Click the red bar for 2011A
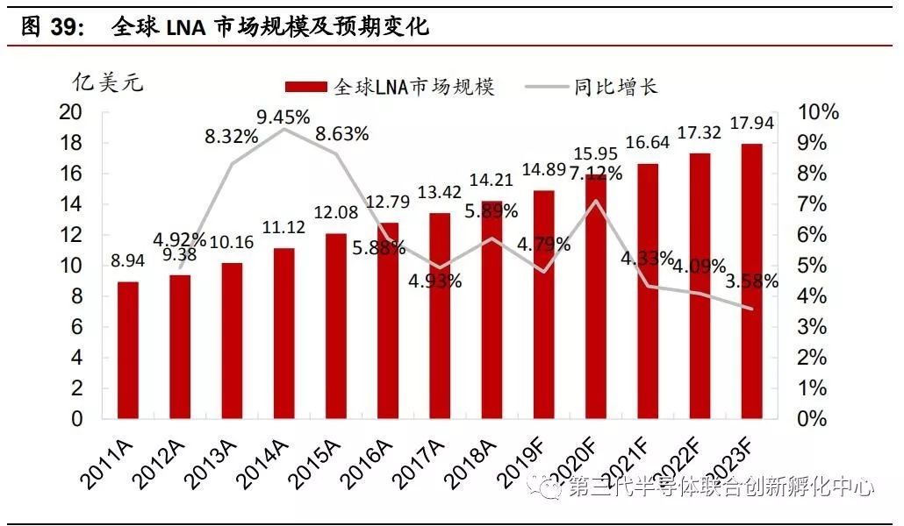(128, 350)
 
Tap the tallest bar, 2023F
(751, 281)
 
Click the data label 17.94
(752, 124)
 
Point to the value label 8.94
(128, 260)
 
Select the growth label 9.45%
(283, 116)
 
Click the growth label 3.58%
(753, 281)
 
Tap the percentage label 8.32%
(232, 137)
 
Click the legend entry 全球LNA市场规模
(390, 86)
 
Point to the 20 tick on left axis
(70, 112)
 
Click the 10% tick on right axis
(817, 112)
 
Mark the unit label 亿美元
(107, 83)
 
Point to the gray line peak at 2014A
(283, 129)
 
